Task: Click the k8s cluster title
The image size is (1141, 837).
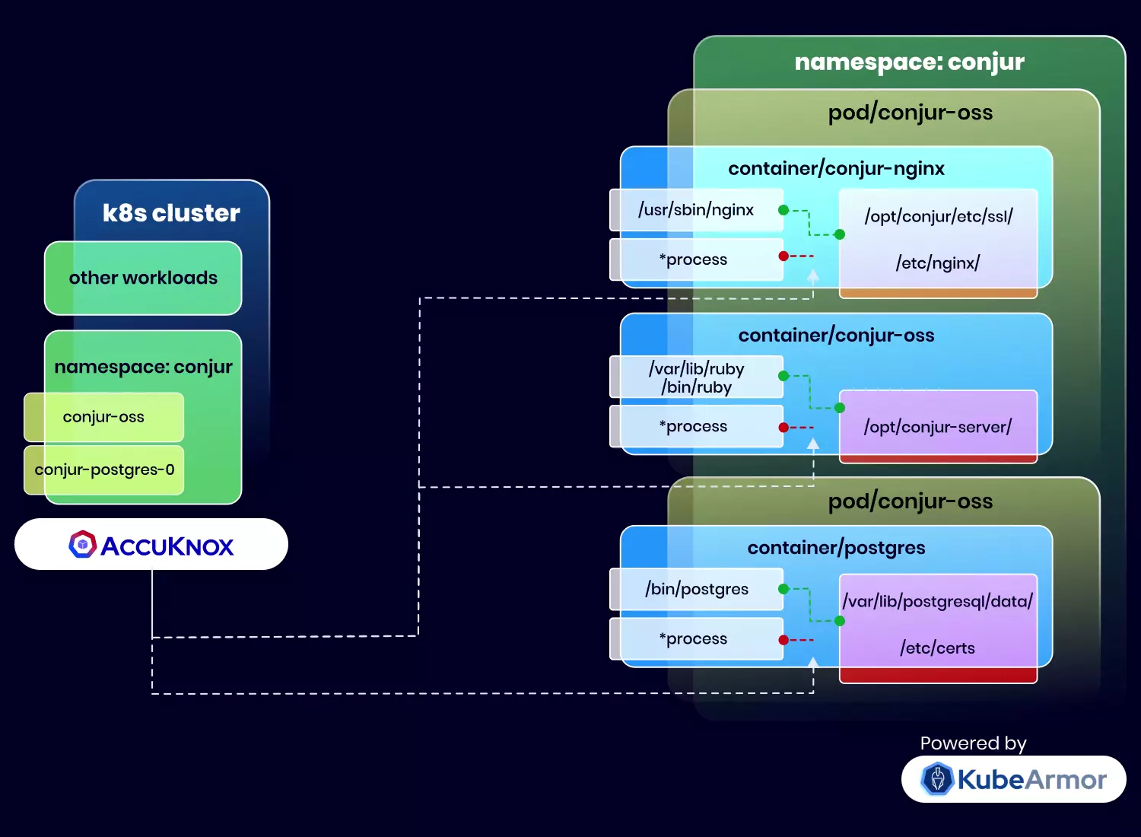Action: click(171, 213)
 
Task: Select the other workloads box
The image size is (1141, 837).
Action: click(143, 278)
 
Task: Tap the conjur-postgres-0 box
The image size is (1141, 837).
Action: click(104, 469)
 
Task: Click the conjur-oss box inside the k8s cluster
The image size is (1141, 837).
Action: click(103, 417)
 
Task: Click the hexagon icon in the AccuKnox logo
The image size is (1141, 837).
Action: click(82, 545)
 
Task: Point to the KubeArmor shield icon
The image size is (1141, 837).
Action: click(937, 779)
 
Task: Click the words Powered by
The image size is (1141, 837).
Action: click(973, 743)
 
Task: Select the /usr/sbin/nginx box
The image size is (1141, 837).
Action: click(696, 210)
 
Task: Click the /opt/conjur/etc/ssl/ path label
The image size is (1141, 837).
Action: click(938, 216)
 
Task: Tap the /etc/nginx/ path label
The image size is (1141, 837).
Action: click(938, 263)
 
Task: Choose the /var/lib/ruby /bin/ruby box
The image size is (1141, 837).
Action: click(696, 377)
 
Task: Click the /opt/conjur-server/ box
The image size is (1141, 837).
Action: click(938, 427)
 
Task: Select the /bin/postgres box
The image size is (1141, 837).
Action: click(696, 589)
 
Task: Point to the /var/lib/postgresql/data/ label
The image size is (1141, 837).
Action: click(938, 601)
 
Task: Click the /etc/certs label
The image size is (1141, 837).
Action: click(938, 648)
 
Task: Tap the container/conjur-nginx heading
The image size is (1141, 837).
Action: click(836, 168)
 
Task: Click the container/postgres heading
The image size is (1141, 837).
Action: click(836, 548)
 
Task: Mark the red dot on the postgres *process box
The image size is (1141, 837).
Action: click(783, 640)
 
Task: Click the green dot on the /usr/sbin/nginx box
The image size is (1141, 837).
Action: click(783, 210)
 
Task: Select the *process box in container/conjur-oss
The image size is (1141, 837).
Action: click(696, 427)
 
